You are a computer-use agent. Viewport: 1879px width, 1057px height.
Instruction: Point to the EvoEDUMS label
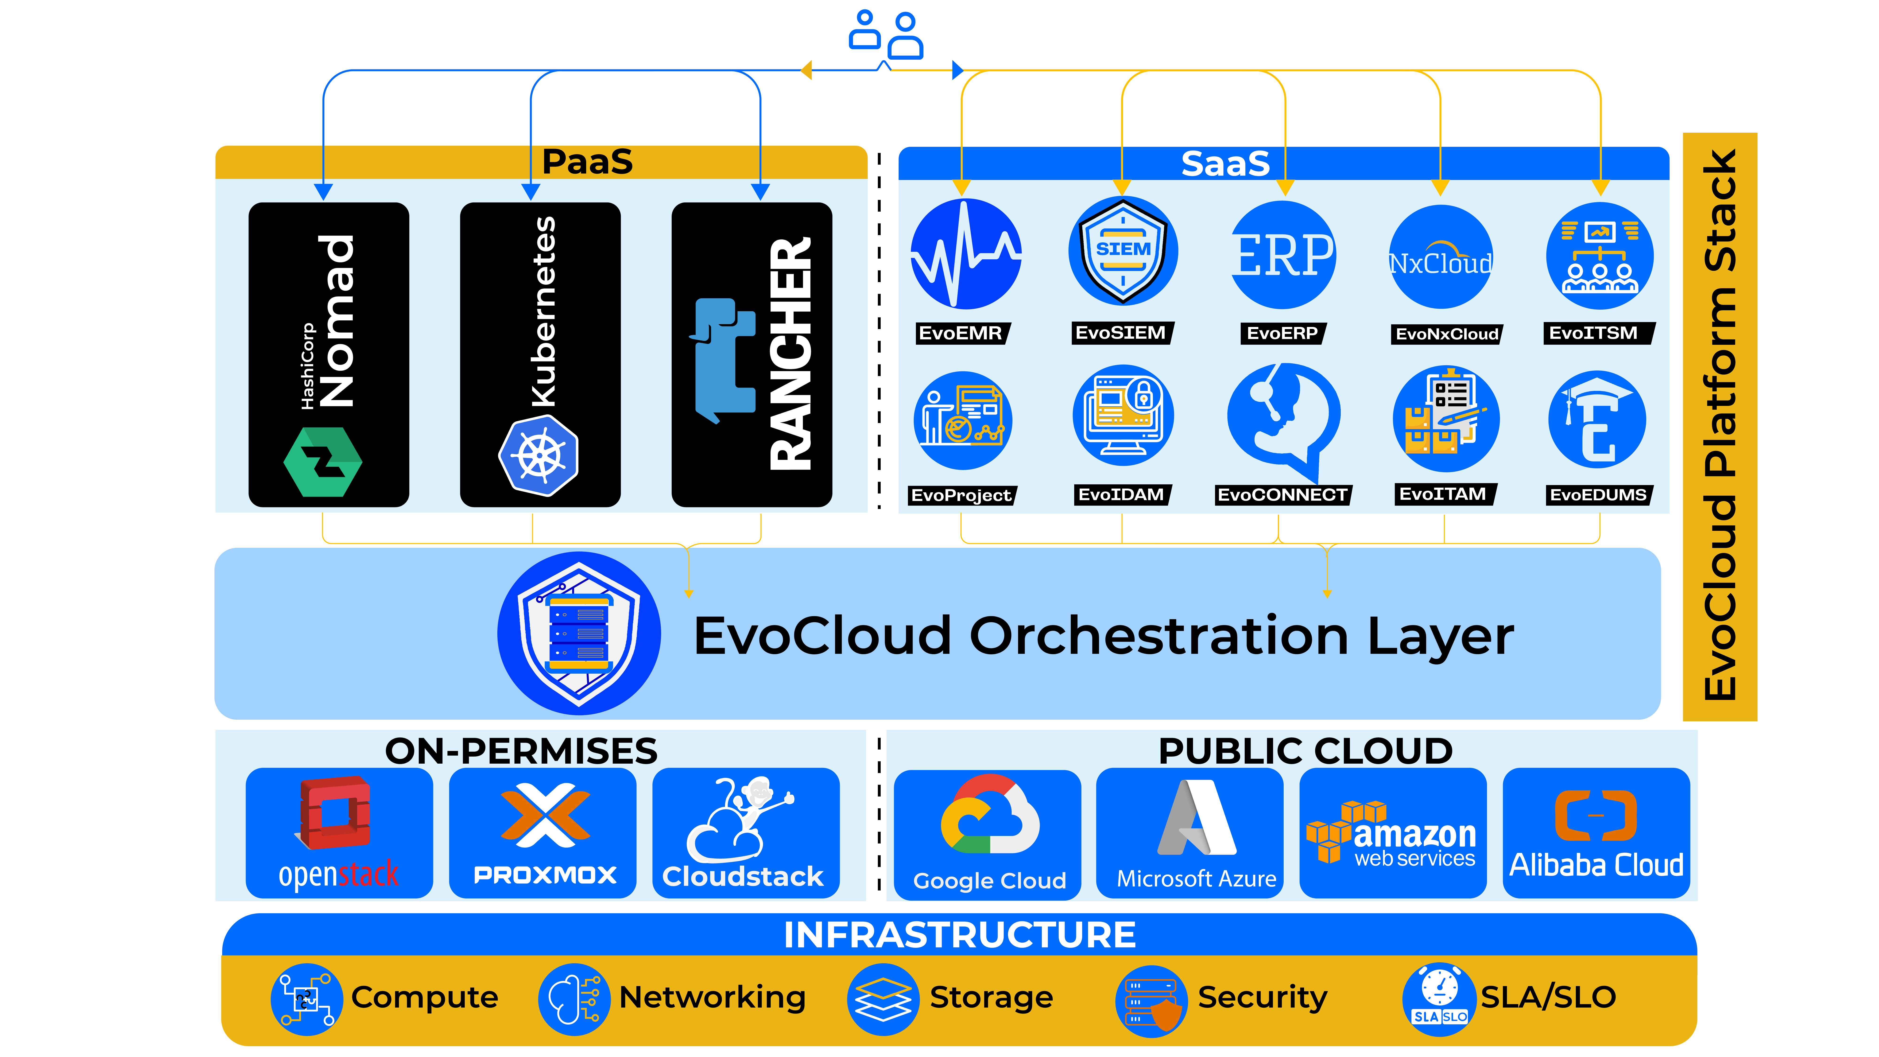tap(1597, 495)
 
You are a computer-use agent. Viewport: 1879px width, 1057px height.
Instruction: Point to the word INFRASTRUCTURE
tap(959, 934)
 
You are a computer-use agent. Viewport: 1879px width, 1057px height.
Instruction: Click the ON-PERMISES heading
tap(521, 751)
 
